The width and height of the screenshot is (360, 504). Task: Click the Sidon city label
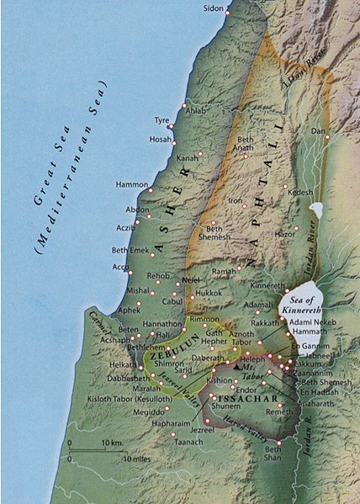(x=214, y=8)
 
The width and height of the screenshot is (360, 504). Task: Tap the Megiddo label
(x=149, y=411)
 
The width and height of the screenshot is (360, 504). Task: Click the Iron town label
(x=235, y=201)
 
